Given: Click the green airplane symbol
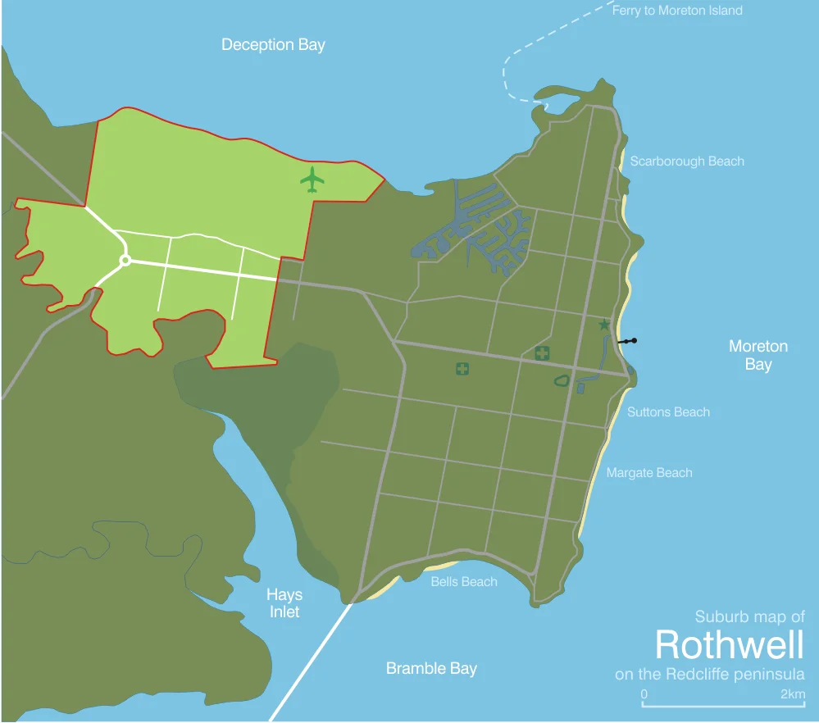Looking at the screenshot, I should coord(312,180).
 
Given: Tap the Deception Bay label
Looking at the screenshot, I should coord(273,44).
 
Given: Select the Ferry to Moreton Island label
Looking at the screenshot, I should coord(677,11).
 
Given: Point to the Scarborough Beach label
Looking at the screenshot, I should coord(687,161).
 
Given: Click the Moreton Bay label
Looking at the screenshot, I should coord(758,355).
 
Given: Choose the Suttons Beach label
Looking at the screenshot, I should coord(668,412).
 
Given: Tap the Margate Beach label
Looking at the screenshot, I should coord(649,473).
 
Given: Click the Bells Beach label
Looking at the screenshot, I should coord(464,582).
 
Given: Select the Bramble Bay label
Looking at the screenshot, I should coord(431,669).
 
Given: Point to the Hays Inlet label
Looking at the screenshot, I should coord(284,603).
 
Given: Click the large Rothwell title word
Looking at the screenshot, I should coord(729,645).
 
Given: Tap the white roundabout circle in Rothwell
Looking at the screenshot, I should coord(125,261).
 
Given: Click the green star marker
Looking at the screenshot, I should coord(605,325).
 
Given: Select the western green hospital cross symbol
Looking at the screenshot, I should coord(462,369).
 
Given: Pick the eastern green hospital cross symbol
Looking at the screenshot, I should coord(542,354).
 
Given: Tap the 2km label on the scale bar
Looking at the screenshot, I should coord(792,694).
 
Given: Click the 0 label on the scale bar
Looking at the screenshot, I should coord(644,694).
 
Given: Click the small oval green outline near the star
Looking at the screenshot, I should coord(562,380).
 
